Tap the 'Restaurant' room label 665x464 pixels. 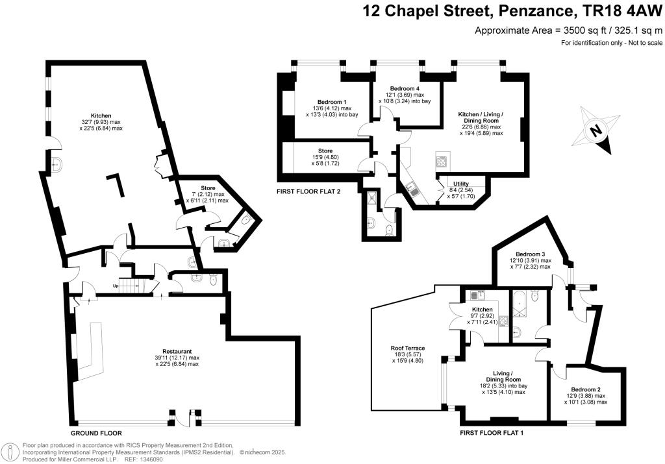(x=177, y=350)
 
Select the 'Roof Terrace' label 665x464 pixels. (x=407, y=348)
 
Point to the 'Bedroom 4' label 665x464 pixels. (x=405, y=88)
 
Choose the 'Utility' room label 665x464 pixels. (x=460, y=184)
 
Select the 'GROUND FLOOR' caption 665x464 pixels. (x=95, y=433)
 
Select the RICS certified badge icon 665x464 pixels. (x=10, y=452)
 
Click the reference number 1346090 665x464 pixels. (x=149, y=459)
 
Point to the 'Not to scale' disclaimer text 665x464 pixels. (x=643, y=43)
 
